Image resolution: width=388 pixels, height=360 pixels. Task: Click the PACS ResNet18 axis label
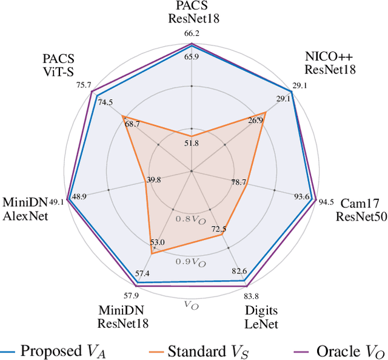click(193, 12)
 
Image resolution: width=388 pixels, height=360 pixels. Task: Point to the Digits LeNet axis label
click(261, 317)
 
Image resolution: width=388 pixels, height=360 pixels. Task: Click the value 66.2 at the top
click(192, 34)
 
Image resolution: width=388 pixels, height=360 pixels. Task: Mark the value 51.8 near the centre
click(192, 143)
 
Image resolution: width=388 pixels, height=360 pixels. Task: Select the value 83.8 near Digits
click(251, 296)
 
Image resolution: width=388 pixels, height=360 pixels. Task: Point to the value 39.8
click(154, 180)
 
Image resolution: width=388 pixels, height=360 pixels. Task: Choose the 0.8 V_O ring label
click(190, 219)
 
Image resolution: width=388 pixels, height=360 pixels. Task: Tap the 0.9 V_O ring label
click(191, 262)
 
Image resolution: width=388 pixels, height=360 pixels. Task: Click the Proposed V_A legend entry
click(58, 350)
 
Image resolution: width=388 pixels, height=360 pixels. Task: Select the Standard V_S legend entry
click(201, 350)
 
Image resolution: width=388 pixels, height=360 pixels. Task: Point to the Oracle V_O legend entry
click(343, 350)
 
